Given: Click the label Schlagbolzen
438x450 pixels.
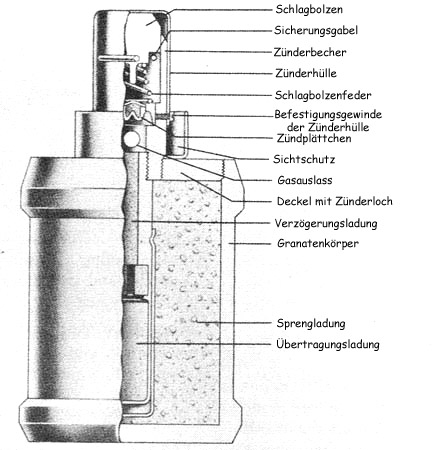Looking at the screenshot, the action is pos(309,9).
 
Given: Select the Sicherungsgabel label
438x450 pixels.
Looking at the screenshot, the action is pos(316,31).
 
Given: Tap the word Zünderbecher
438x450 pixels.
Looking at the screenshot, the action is pos(310,52).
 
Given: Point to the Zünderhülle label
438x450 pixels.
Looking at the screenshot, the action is pos(306,73).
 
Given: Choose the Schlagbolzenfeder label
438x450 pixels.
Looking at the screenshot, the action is pos(323,95).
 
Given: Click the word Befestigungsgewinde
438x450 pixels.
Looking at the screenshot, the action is pos(328,115).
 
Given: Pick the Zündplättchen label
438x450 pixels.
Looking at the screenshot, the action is pos(314,138).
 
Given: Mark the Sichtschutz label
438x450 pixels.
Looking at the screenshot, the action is pos(304,159).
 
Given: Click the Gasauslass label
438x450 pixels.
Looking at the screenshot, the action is pos(305,180).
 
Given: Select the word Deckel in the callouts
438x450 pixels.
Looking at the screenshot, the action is pos(293,201).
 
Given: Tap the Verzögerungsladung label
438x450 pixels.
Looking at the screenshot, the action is pos(326,223).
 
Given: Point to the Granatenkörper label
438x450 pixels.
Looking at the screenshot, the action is pos(318,244).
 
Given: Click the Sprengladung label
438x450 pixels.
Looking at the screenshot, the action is pos(311,324).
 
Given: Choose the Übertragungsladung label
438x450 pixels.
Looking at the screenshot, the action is pos(328,344).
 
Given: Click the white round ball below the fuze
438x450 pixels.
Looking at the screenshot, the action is pos(130,140).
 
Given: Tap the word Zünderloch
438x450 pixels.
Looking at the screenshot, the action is pos(364,201).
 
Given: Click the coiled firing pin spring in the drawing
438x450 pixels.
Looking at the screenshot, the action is pos(142,80).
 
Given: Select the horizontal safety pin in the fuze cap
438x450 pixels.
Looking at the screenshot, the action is pos(119,58).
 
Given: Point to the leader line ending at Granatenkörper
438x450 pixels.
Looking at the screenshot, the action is pos(250,244).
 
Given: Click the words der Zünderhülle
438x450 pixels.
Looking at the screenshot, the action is pos(328,127).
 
